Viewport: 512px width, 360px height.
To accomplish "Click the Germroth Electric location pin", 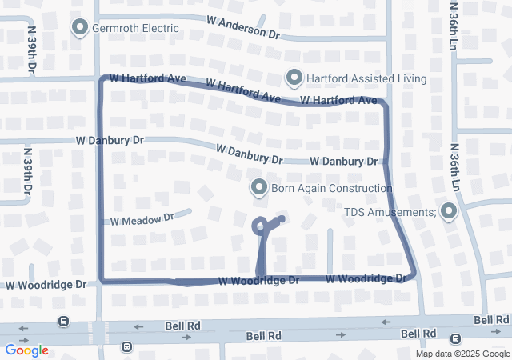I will (x=80, y=28).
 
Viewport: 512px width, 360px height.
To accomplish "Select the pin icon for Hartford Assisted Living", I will (x=294, y=78).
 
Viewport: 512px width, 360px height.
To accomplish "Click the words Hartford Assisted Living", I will (x=366, y=78).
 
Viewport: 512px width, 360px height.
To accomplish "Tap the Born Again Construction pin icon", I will (x=259, y=188).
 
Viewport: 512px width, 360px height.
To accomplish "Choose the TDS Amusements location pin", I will (x=448, y=212).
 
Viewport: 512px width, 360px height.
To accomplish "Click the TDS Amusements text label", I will (x=390, y=212).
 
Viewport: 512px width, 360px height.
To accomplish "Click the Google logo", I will (x=26, y=350).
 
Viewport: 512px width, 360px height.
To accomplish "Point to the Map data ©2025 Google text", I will (x=462, y=354).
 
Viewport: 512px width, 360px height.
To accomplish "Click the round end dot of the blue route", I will (x=282, y=218).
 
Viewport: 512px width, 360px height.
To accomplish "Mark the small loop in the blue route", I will (x=260, y=226).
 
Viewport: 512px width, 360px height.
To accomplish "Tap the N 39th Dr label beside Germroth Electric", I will (x=32, y=48).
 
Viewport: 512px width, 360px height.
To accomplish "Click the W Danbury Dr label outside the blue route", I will (x=110, y=140).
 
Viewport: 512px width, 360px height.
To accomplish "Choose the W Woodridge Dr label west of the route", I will (x=46, y=285).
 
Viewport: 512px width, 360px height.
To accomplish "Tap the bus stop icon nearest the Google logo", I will (x=62, y=321).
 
